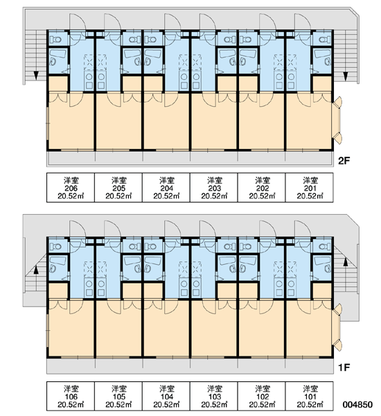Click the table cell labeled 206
point(71,188)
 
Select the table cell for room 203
point(213,188)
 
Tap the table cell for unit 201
point(310,188)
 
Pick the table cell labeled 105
point(118,396)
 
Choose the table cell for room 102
point(261,396)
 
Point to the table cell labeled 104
point(166,396)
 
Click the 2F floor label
point(344,161)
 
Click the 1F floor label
point(344,367)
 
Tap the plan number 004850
point(357,404)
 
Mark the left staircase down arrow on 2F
point(36,76)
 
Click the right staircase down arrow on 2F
point(346,76)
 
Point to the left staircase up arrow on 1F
point(36,269)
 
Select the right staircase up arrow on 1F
point(346,262)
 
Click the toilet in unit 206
point(55,40)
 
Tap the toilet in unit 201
point(324,40)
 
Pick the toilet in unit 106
point(55,246)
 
